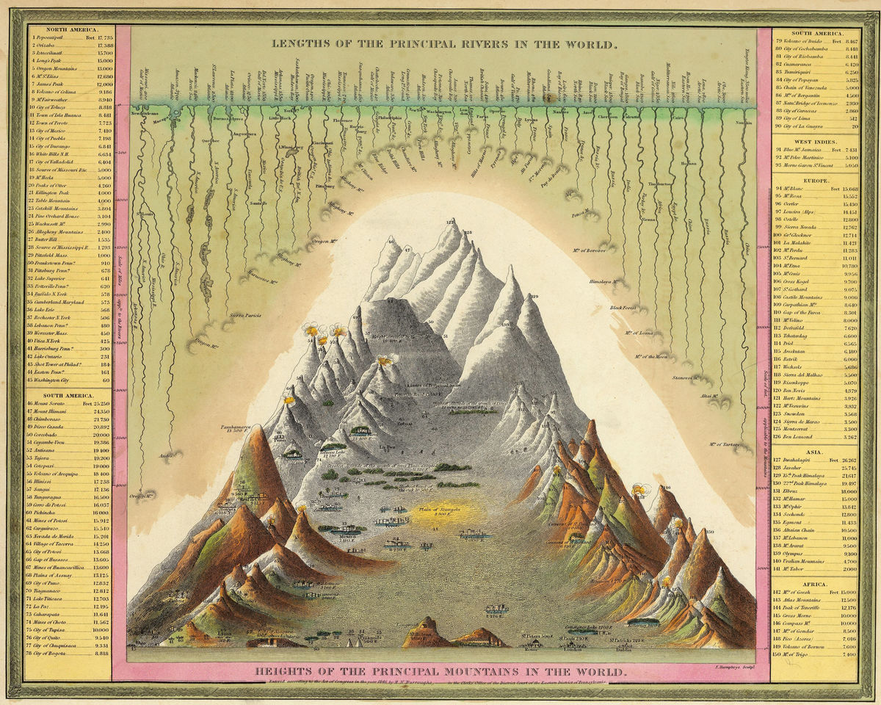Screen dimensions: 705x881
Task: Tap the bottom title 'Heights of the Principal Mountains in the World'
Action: click(x=440, y=672)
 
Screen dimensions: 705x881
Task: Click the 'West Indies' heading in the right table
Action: click(x=814, y=140)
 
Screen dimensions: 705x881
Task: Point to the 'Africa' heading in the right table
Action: click(x=814, y=584)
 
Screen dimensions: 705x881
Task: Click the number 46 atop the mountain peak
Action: click(x=391, y=241)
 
